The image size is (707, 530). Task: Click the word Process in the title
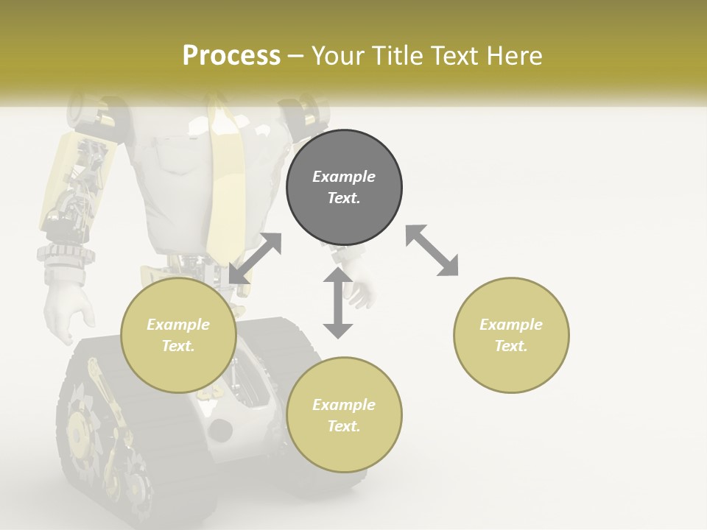[x=231, y=56]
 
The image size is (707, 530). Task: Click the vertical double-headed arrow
[x=338, y=303]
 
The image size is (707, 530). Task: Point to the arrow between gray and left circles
[x=255, y=258]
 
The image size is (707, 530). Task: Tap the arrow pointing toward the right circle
[x=432, y=250]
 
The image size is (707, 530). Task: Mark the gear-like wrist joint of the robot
[x=66, y=255]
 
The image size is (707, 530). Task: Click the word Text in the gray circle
[x=344, y=198]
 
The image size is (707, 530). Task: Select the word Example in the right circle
[x=511, y=325]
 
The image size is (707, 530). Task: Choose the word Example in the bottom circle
[x=344, y=405]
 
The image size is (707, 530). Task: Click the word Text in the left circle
[x=178, y=346]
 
